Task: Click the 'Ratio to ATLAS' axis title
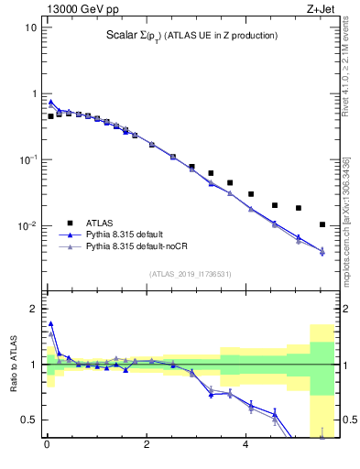coord(12,365)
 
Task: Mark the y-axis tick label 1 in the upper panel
coord(34,93)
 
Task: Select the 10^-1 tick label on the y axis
coord(29,159)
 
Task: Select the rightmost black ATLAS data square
coord(322,224)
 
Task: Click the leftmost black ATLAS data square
coord(50,116)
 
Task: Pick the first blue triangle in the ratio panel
coord(50,323)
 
